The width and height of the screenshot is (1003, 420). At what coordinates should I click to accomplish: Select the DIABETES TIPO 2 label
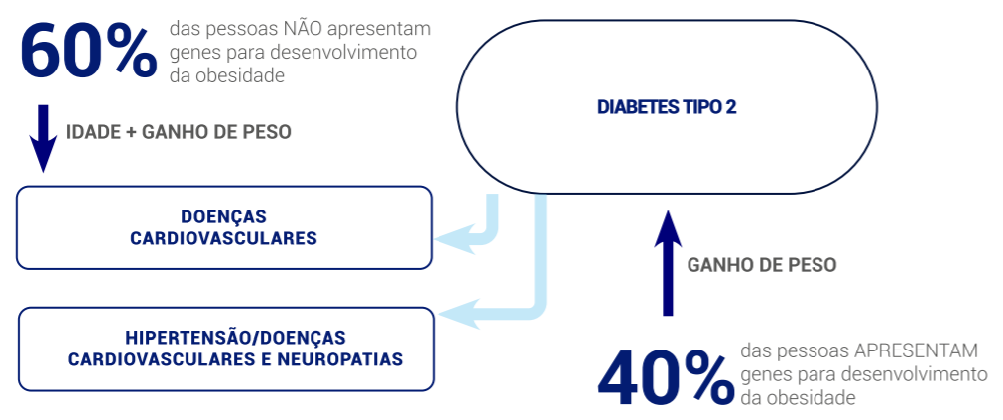pos(667,107)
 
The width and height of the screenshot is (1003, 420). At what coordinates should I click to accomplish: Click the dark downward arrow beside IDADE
pos(43,138)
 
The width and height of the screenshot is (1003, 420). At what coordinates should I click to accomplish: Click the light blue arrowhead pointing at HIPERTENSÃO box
pos(454,313)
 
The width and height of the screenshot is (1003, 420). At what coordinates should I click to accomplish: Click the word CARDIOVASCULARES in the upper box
pos(224,238)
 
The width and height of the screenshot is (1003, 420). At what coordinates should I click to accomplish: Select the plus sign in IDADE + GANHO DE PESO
pos(132,132)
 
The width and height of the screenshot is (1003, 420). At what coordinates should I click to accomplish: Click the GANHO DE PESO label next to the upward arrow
pos(761,265)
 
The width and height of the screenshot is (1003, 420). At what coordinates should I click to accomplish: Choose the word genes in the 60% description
pos(193,52)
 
